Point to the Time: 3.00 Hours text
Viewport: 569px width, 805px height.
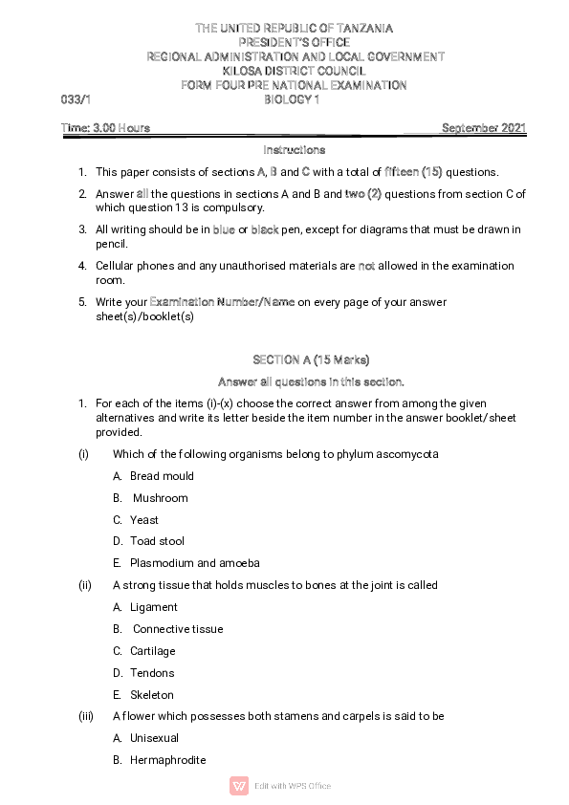point(105,128)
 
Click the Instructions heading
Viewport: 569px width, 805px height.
point(294,150)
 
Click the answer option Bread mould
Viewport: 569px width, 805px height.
point(162,476)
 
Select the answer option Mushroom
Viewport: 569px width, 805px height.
point(160,498)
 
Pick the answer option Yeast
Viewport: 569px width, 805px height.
point(144,520)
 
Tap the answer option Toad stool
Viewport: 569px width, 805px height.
point(157,541)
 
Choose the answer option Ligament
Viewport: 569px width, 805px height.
point(154,607)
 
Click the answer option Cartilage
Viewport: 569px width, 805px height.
point(153,651)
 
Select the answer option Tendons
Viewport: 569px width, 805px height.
point(152,673)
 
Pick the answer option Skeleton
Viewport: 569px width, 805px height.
point(152,695)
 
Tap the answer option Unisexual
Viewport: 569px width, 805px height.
point(154,738)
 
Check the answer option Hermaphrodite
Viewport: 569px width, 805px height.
point(167,760)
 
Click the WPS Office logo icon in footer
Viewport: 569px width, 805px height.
point(239,786)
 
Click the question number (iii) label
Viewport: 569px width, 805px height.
point(84,716)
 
